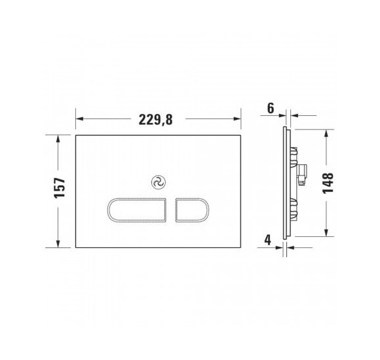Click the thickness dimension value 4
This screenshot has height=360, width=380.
tap(269, 240)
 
